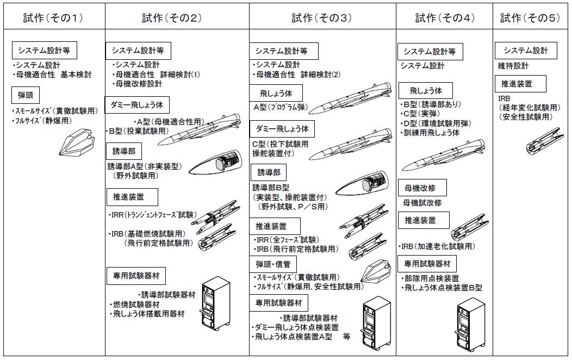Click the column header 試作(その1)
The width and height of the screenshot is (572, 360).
point(53,17)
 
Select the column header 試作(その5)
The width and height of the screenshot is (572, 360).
point(530,17)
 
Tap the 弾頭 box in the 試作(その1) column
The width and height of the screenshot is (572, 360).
point(26,95)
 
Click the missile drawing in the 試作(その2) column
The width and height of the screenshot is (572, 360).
point(198,129)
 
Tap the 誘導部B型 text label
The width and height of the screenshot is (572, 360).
point(272,188)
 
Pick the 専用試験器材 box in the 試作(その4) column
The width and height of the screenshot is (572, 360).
point(427,264)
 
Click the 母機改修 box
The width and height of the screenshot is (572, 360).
point(422,188)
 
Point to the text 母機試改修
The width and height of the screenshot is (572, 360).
point(422,203)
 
